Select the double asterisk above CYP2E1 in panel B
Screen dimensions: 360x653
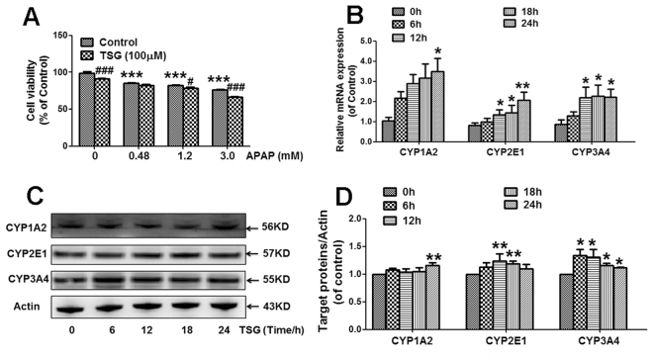(x=550, y=85)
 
